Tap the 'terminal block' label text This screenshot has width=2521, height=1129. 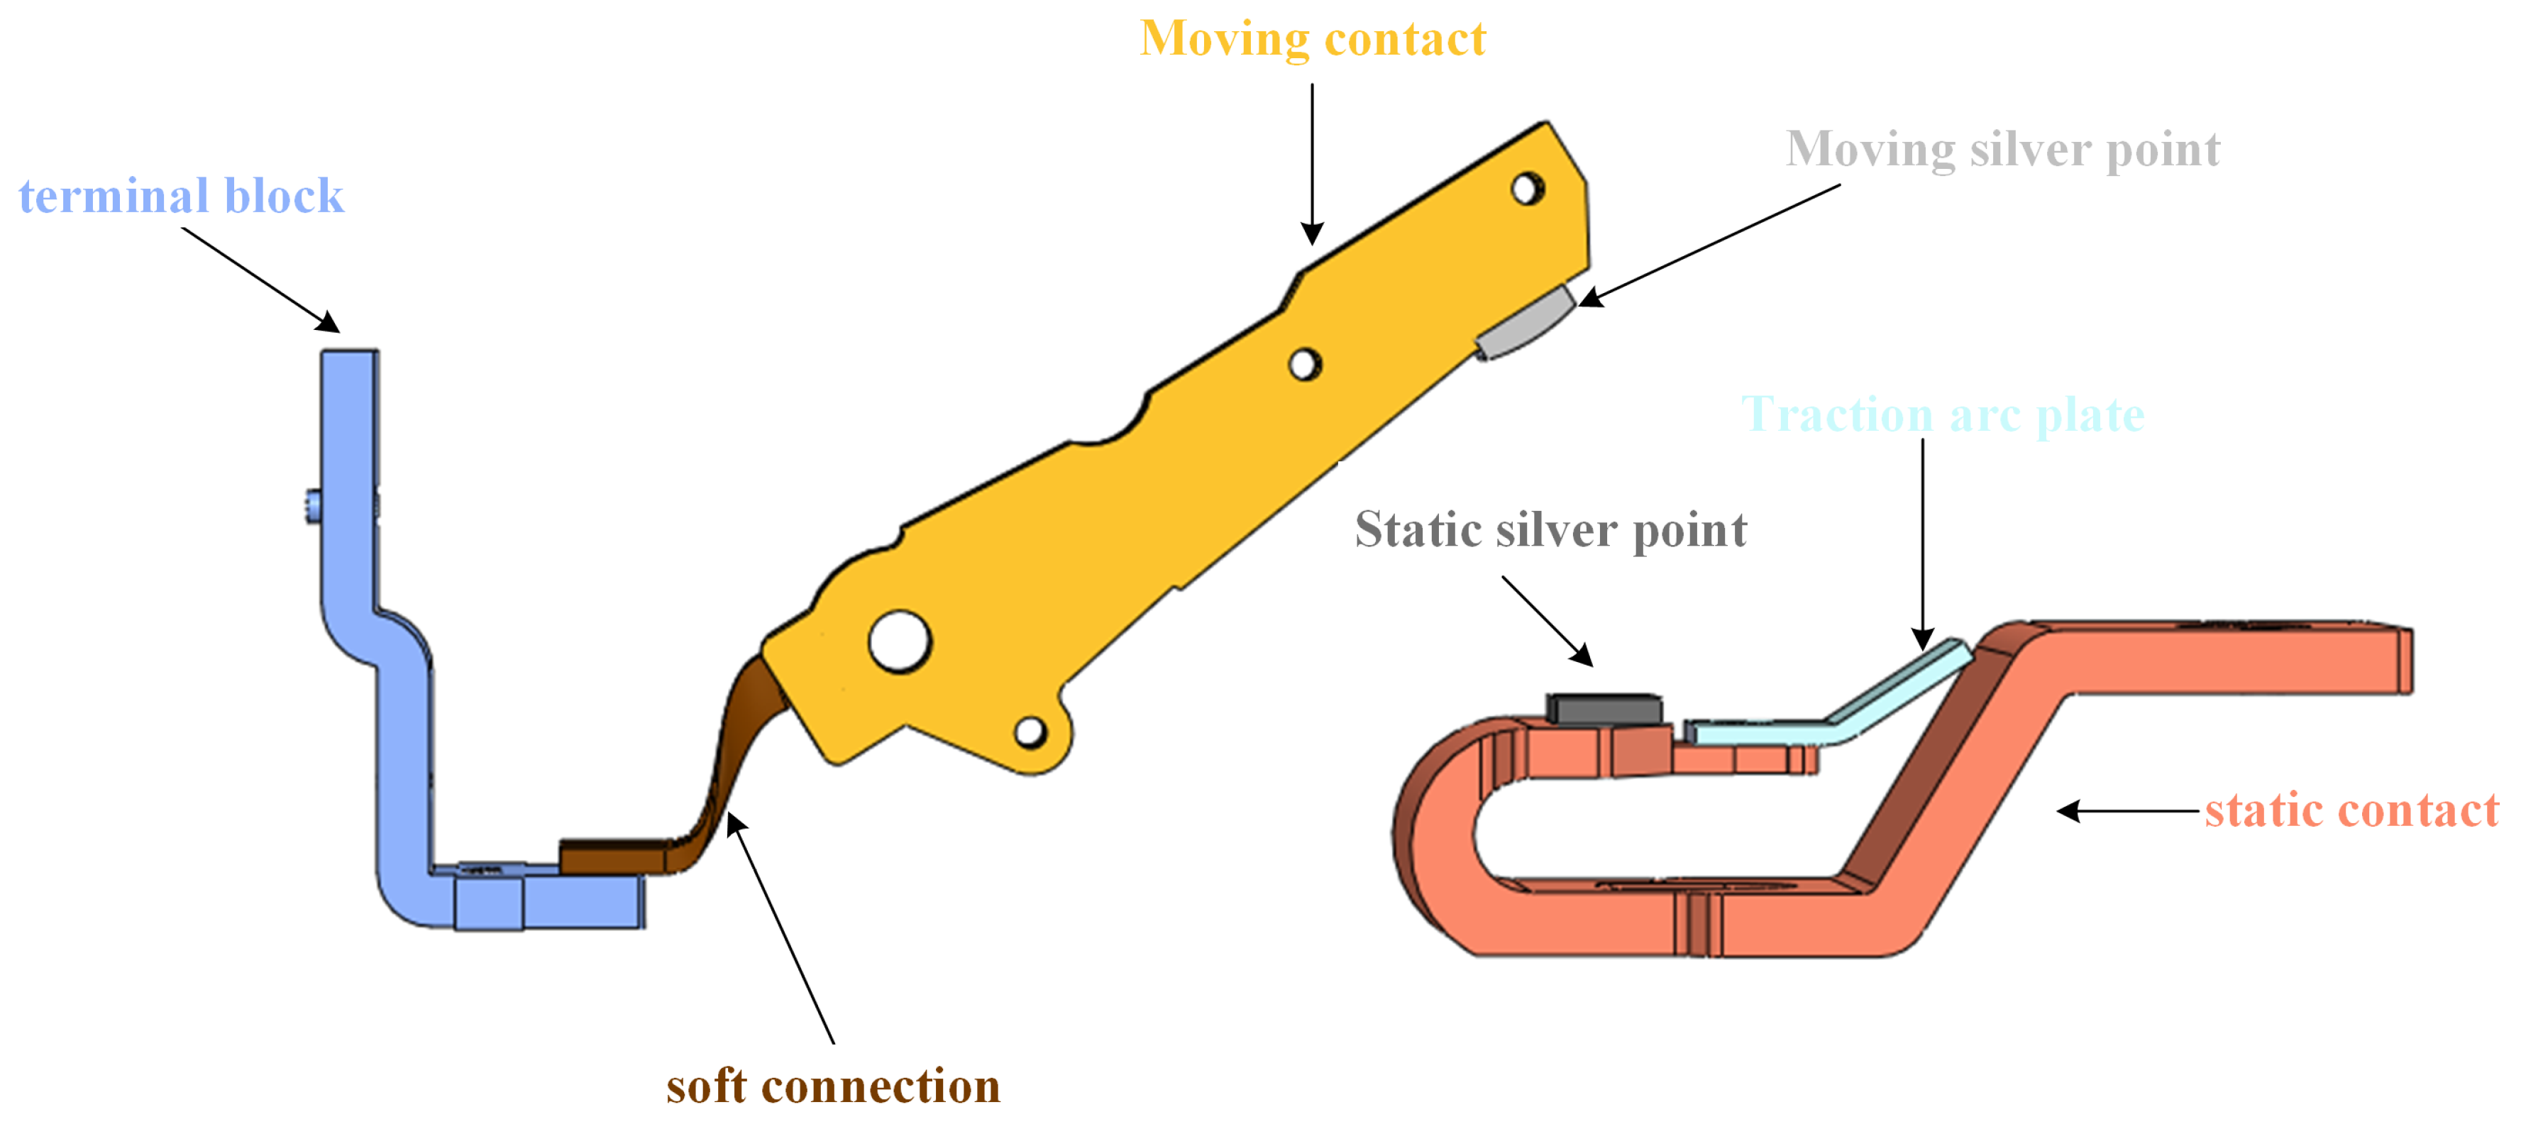pos(181,196)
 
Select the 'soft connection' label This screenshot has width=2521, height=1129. pos(833,1086)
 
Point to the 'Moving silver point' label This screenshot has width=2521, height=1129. pos(2002,150)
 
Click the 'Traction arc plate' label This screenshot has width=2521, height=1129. pos(1943,415)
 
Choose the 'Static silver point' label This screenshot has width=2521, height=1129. pos(1550,530)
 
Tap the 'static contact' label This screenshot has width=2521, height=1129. pos(2351,811)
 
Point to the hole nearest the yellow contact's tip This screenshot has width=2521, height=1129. pos(1527,188)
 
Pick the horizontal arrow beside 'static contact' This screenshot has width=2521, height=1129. pos(2128,811)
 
